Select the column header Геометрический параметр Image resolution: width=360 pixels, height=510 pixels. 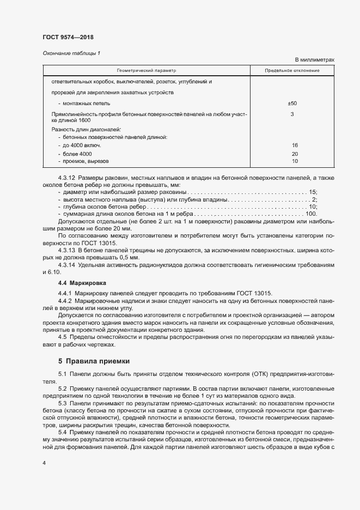[x=146, y=71]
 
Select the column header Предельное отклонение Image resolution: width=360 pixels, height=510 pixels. [x=292, y=71]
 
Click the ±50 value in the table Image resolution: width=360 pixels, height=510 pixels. [x=292, y=103]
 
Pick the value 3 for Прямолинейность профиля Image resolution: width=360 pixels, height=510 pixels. [x=292, y=114]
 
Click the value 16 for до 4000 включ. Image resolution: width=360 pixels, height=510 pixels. [x=295, y=145]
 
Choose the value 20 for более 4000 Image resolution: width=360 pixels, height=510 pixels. [x=295, y=154]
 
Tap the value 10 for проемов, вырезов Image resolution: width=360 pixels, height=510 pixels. [x=295, y=161]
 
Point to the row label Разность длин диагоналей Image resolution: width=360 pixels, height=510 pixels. [x=87, y=130]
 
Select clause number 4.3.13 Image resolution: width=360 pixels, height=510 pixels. [x=66, y=249]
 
